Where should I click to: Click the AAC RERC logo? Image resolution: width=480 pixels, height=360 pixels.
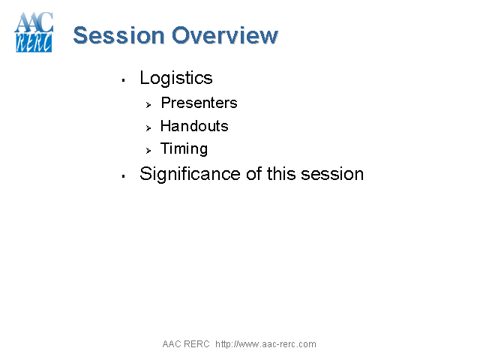pyautogui.click(x=34, y=33)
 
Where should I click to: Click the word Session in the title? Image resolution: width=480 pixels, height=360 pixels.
pyautogui.click(x=118, y=35)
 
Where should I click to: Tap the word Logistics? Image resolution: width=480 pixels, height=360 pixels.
pyautogui.click(x=176, y=78)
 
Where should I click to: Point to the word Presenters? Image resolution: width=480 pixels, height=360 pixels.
pyautogui.click(x=199, y=103)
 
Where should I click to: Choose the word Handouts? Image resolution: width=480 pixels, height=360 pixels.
pyautogui.click(x=194, y=126)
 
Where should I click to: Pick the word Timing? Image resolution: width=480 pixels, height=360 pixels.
pyautogui.click(x=184, y=148)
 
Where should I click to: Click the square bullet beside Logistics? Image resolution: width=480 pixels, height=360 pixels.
pyautogui.click(x=122, y=79)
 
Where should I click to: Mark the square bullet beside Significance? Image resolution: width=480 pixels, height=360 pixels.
pyautogui.click(x=122, y=175)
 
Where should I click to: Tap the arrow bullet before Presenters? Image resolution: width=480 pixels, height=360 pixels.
pyautogui.click(x=148, y=104)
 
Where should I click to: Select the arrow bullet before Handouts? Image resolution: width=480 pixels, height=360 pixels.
pyautogui.click(x=148, y=127)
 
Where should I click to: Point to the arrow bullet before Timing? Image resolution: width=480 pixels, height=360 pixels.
pyautogui.click(x=148, y=150)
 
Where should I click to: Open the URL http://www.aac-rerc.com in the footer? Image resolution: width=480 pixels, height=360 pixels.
pyautogui.click(x=265, y=344)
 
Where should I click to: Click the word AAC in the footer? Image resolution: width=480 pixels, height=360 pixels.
pyautogui.click(x=171, y=344)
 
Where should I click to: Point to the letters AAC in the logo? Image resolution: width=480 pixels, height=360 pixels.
pyautogui.click(x=34, y=22)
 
